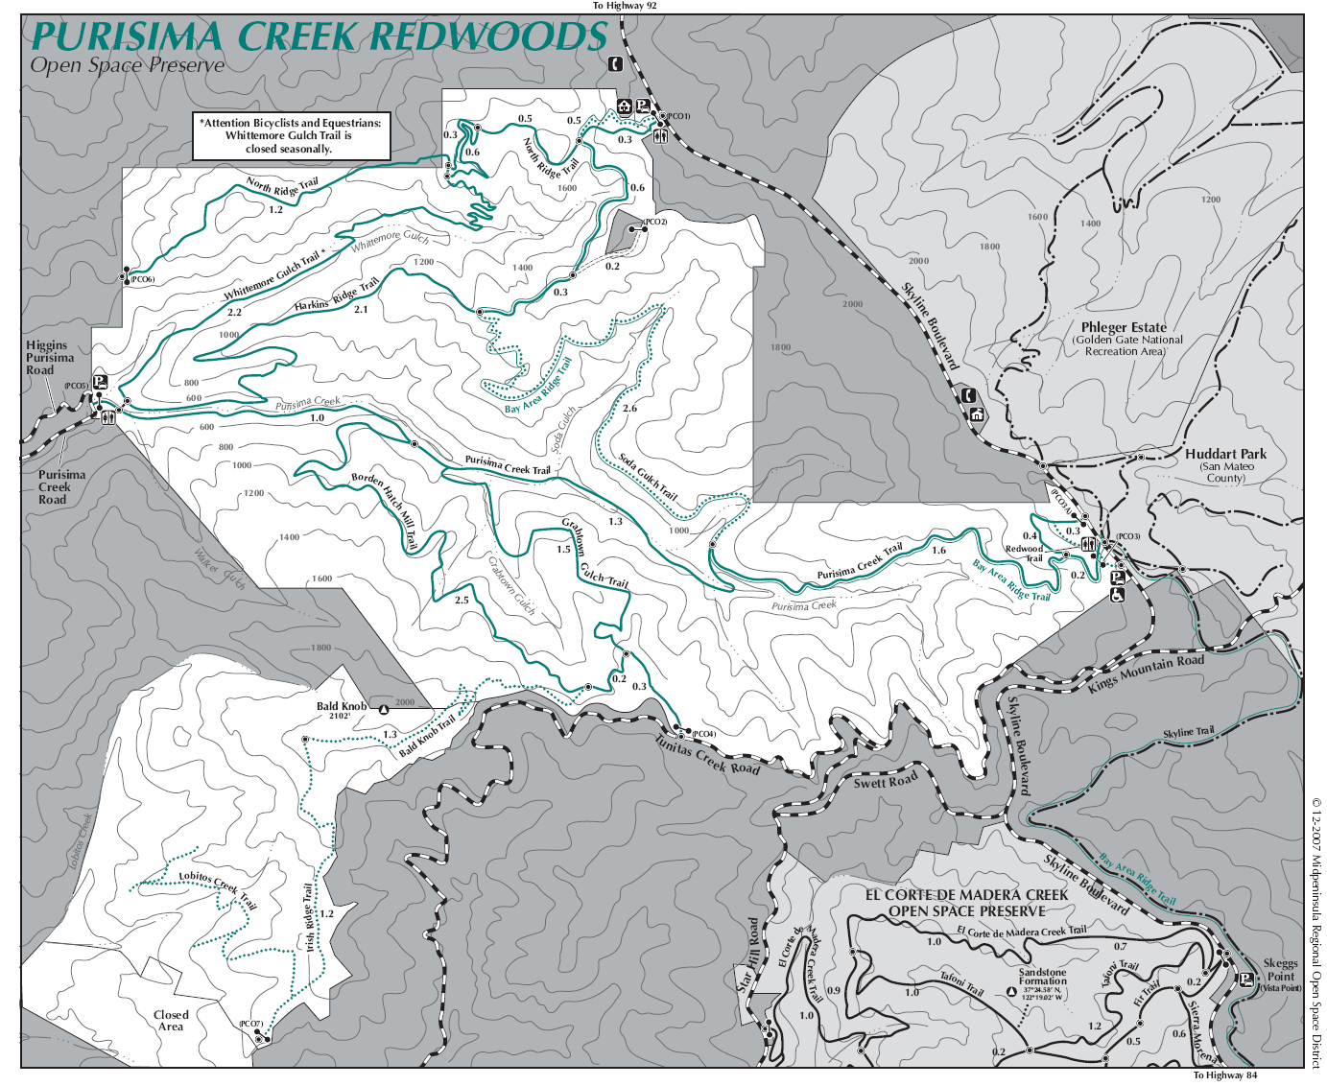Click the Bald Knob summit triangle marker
tap(384, 711)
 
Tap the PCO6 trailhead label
tap(142, 280)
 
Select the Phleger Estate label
tap(1124, 327)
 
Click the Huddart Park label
tap(1225, 454)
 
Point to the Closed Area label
tap(171, 1021)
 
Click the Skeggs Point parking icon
tap(1245, 980)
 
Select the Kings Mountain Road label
tap(1146, 673)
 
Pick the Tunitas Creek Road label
tap(707, 755)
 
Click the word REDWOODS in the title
tap(489, 36)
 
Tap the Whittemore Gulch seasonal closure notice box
tap(292, 136)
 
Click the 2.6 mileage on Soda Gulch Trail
tap(629, 409)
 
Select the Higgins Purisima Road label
tap(49, 357)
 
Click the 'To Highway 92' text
tap(625, 6)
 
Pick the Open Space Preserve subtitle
tap(127, 65)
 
